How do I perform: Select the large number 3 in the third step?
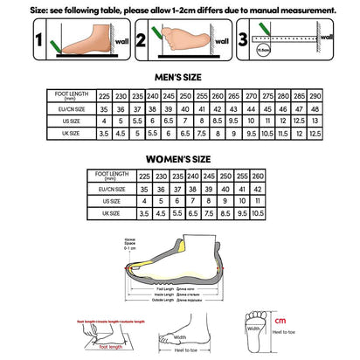click(245, 39)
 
